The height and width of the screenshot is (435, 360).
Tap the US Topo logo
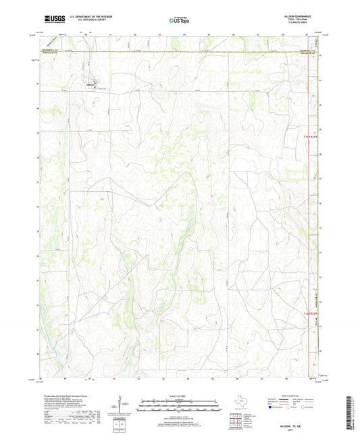tap(179, 21)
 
